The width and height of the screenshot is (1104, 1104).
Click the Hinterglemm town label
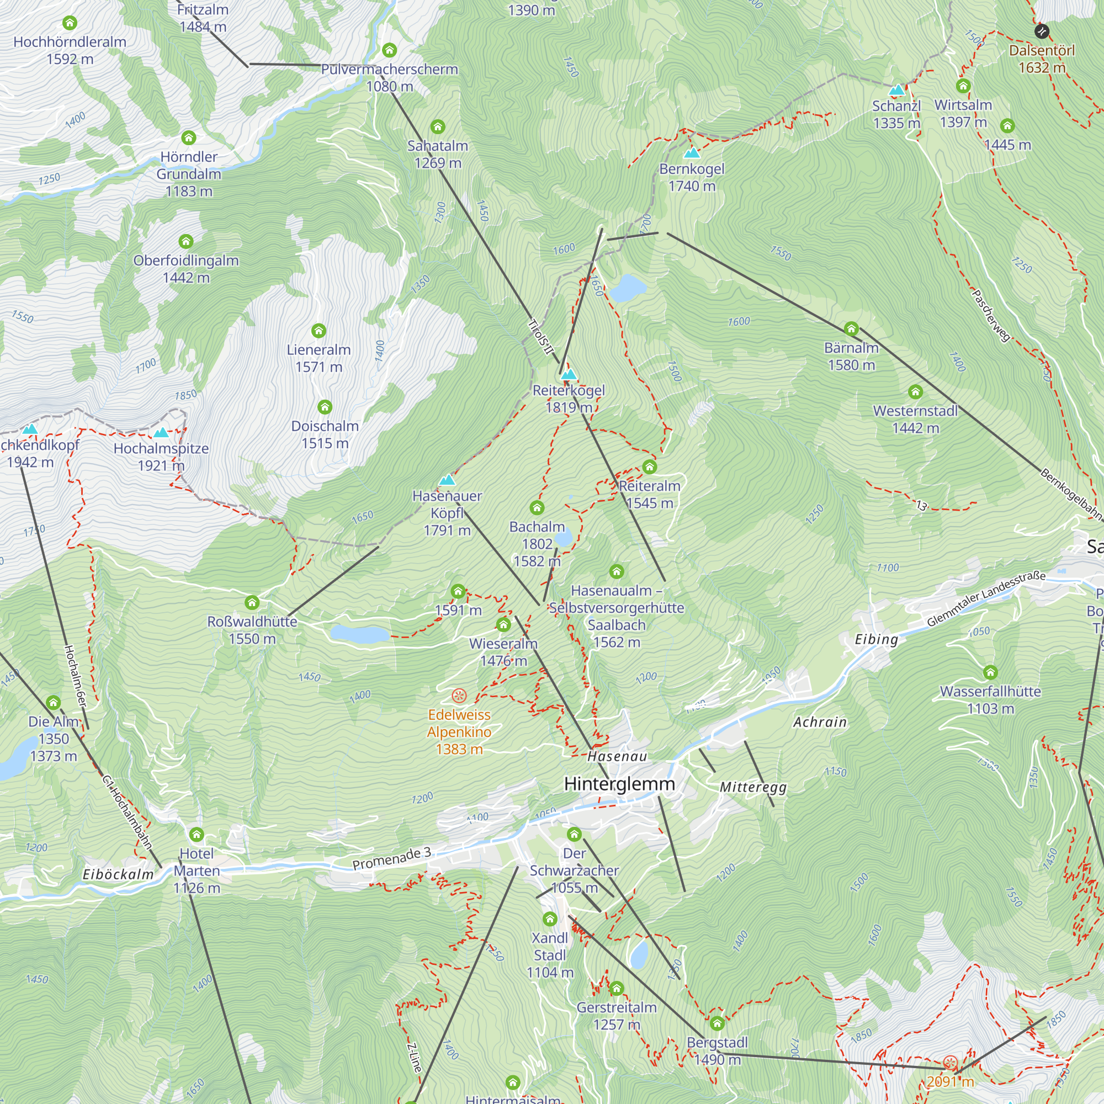pyautogui.click(x=619, y=784)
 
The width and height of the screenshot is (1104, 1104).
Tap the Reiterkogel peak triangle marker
pyautogui.click(x=569, y=375)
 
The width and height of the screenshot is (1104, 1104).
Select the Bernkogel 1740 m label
pyautogui.click(x=692, y=177)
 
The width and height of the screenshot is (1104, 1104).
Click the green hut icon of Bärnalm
pyautogui.click(x=851, y=328)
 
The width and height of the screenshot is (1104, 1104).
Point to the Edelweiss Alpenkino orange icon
pyautogui.click(x=459, y=696)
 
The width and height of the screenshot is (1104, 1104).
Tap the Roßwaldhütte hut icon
pyautogui.click(x=252, y=602)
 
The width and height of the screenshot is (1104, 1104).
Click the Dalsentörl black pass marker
pyautogui.click(x=1042, y=31)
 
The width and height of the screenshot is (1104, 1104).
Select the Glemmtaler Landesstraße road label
pyautogui.click(x=986, y=598)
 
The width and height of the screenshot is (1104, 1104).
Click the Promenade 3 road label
pyautogui.click(x=391, y=858)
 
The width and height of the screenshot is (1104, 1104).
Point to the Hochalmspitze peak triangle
pyautogui.click(x=161, y=433)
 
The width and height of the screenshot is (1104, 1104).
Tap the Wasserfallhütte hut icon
pyautogui.click(x=990, y=672)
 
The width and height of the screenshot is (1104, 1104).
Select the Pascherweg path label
pyautogui.click(x=991, y=315)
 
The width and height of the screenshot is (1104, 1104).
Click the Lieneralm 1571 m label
pyautogui.click(x=319, y=358)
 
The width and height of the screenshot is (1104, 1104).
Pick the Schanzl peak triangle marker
pyautogui.click(x=896, y=90)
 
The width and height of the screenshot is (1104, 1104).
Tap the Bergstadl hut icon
pyautogui.click(x=717, y=1023)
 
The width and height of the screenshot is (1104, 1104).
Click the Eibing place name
pyautogui.click(x=876, y=639)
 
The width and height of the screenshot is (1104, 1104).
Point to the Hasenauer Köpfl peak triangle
pyautogui.click(x=447, y=480)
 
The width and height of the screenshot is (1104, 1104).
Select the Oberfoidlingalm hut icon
pyautogui.click(x=185, y=241)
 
